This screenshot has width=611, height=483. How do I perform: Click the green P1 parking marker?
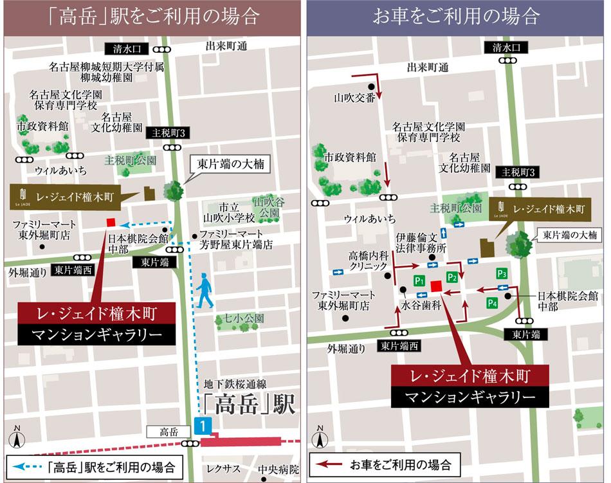tap(418, 280)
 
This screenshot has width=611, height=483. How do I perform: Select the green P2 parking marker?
tap(452, 277)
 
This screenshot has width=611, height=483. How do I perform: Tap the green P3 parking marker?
tap(502, 273)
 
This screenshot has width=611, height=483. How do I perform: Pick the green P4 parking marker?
tap(493, 302)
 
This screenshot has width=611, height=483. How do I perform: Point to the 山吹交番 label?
tap(354, 98)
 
